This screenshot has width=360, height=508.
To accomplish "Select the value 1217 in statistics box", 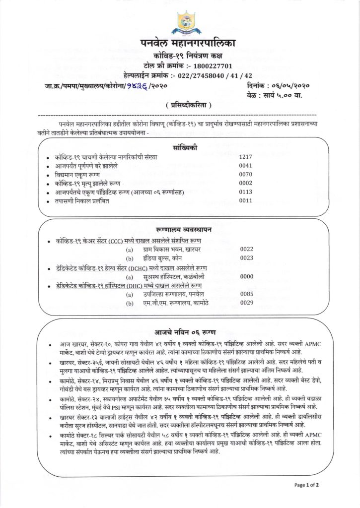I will pos(246,157).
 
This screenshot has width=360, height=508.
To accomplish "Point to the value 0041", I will pos(246,166).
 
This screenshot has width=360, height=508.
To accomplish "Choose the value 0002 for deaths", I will pos(246,184).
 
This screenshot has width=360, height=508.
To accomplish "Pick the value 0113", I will pos(246,192).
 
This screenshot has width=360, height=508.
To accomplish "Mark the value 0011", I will pos(246,201).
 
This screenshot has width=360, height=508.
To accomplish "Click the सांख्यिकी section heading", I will pos(180,147).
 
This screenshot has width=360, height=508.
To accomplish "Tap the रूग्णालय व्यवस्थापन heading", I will pos(180,229).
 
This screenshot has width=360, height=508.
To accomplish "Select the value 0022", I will pos(247,249).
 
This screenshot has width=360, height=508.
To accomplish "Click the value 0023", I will pos(247,258).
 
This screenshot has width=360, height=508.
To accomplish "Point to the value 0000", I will pos(247,277).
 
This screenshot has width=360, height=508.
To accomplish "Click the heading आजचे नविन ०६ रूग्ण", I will pos(180,329).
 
